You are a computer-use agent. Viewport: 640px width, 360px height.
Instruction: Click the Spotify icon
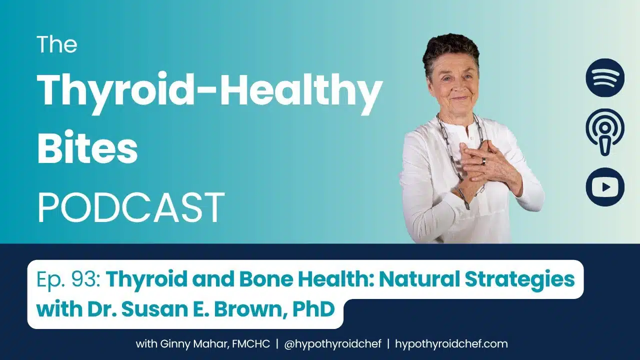point(605,77)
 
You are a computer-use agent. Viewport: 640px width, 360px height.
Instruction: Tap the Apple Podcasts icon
point(605,132)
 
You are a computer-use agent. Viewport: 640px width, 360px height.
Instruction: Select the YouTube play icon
point(605,187)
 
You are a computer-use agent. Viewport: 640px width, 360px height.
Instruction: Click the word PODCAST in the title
point(131,207)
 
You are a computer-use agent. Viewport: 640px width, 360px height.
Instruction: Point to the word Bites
point(87,149)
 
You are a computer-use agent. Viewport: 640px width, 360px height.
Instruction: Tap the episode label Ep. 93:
point(68,279)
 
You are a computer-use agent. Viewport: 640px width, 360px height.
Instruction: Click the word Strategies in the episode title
point(519,280)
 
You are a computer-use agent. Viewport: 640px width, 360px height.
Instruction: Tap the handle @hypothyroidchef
point(332,344)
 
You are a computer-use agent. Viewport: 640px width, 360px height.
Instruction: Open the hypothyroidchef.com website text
point(451,343)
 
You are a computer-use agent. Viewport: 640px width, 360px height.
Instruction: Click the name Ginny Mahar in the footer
point(194,344)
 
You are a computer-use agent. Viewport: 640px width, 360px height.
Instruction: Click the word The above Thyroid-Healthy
point(57,44)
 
